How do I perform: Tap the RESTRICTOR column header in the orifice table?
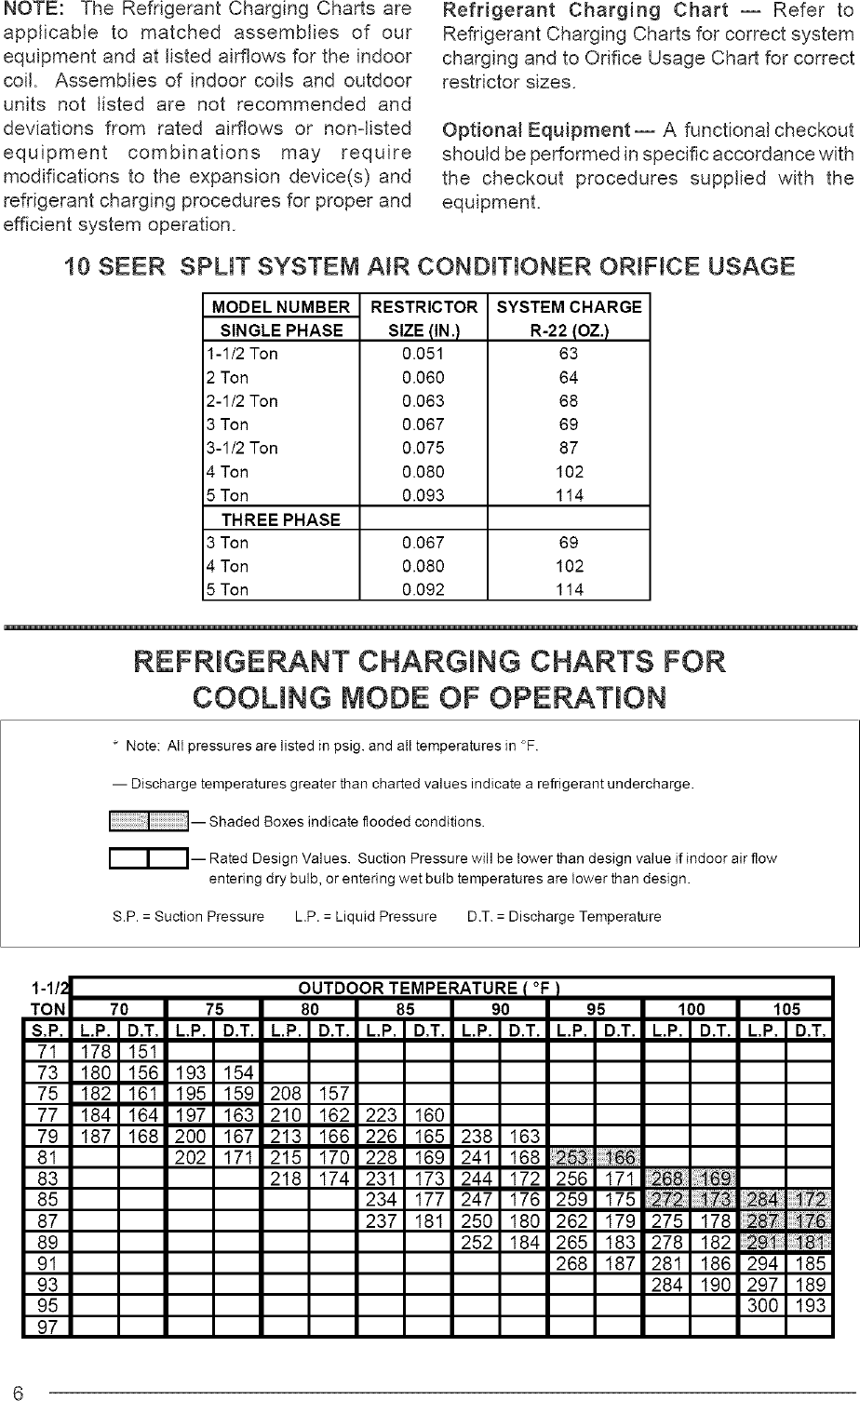click(423, 307)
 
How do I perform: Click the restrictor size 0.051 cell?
click(423, 354)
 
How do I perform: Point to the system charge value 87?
click(569, 448)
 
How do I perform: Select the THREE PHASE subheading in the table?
click(280, 519)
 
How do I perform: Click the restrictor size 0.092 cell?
click(423, 589)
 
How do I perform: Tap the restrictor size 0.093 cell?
click(423, 495)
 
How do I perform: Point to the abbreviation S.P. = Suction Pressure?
click(187, 916)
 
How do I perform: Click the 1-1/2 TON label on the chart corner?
click(47, 998)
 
